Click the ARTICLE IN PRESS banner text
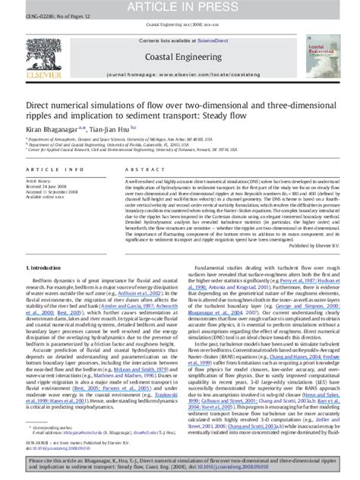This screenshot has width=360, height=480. tap(180, 7)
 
